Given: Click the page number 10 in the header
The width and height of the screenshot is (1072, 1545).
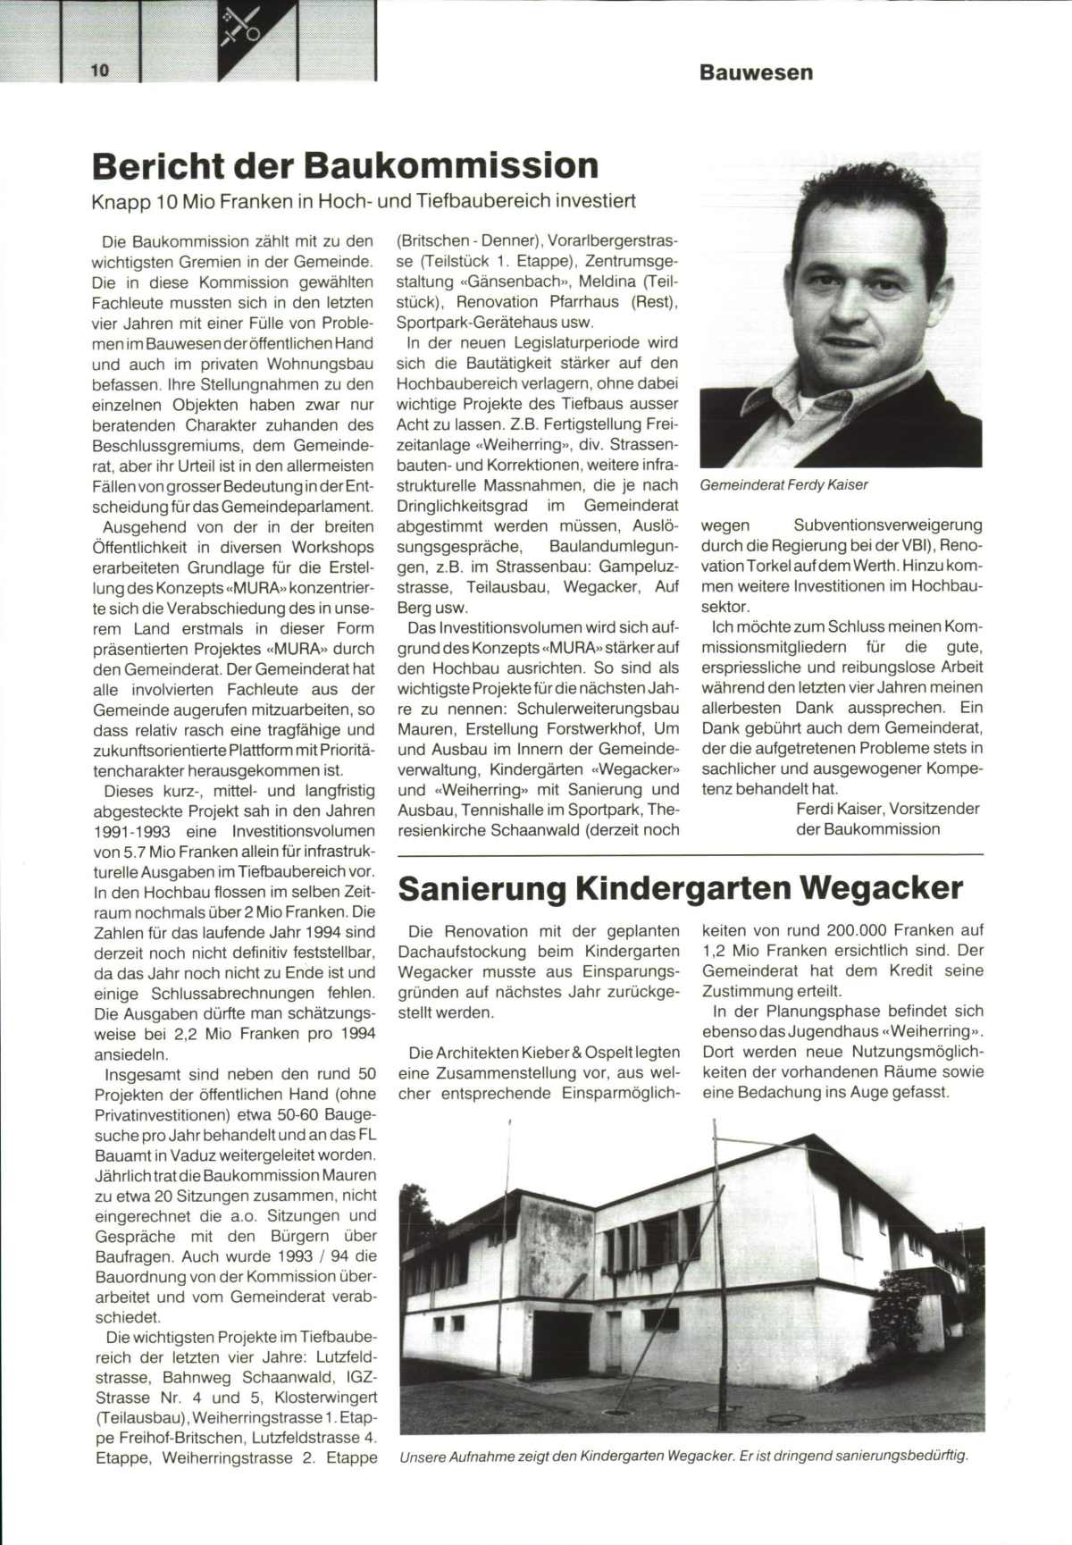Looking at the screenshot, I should tap(98, 71).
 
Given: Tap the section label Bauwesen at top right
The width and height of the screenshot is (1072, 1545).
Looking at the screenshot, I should tap(756, 72).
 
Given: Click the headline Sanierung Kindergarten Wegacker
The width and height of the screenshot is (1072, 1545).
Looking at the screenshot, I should tap(680, 888).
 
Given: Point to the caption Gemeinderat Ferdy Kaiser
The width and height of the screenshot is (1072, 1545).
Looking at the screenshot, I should tap(784, 485).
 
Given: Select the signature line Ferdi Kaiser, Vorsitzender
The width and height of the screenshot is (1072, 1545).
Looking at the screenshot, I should tap(887, 809).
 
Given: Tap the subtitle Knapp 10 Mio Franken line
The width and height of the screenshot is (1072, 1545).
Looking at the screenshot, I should tap(364, 201).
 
